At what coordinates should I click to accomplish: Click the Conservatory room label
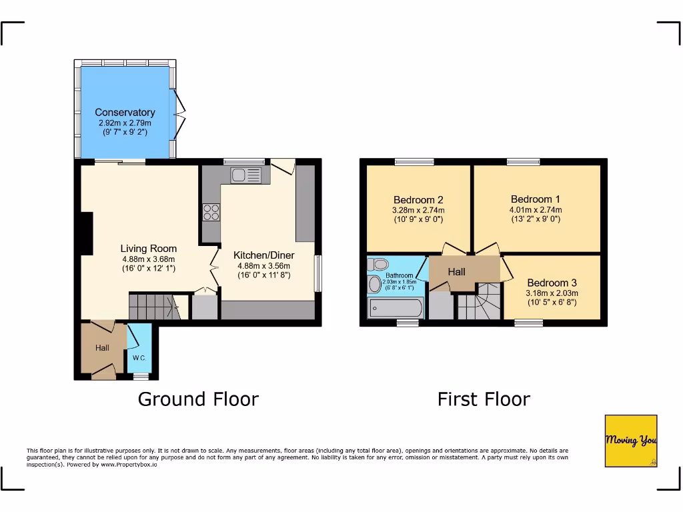[x=125, y=113]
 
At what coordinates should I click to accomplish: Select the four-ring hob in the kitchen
[x=211, y=213]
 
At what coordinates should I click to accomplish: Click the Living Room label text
[x=148, y=249]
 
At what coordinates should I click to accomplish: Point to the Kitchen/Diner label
[x=263, y=255]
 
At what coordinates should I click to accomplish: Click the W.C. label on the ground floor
[x=139, y=358]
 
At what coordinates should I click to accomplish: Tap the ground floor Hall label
[x=102, y=348]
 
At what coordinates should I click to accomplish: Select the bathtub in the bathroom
[x=395, y=309]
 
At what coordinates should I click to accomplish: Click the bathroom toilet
[x=378, y=264]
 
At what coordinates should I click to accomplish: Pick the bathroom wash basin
[x=374, y=285]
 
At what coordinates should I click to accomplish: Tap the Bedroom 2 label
[x=418, y=199]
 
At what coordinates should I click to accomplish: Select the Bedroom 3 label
[x=552, y=283]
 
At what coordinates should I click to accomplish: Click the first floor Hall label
[x=457, y=272]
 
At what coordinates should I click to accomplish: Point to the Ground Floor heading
[x=198, y=399]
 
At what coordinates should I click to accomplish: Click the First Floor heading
[x=484, y=399]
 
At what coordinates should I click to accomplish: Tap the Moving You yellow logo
[x=631, y=441]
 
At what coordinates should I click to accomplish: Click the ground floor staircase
[x=153, y=307]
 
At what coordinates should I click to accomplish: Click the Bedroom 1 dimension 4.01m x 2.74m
[x=536, y=210]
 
